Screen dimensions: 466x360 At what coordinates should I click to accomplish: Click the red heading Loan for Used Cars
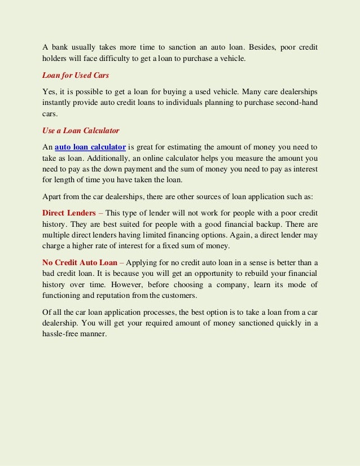coord(76,75)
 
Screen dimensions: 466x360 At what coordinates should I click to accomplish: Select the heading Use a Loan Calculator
coord(81,130)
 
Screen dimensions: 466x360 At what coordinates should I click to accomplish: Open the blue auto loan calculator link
coord(90,147)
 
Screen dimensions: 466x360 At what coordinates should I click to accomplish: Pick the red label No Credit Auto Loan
coord(80,262)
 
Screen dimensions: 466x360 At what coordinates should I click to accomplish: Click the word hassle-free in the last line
coord(63,333)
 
